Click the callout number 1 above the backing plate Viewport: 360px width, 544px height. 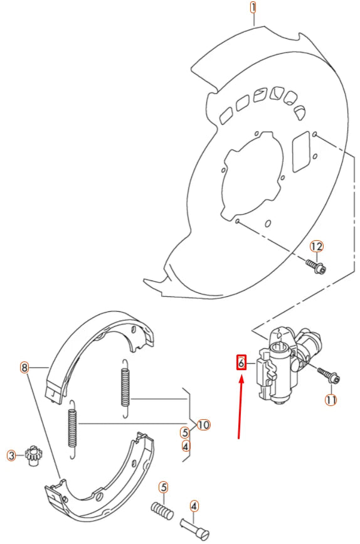253,8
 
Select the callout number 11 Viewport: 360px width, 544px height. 331,400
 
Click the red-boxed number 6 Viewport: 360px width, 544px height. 240,362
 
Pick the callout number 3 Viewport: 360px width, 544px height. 11,455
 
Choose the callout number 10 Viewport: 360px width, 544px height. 203,425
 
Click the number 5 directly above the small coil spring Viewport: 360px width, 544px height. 162,486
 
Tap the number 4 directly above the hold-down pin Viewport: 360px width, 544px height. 194,505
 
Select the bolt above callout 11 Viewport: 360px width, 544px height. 329,375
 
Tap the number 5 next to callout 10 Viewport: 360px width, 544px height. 184,432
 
